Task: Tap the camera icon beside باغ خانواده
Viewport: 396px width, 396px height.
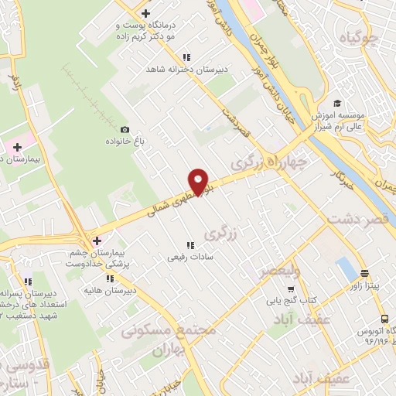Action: tap(125, 130)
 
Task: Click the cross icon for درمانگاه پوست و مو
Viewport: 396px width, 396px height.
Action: tap(145, 13)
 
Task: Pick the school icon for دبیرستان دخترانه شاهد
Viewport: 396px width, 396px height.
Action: tap(186, 56)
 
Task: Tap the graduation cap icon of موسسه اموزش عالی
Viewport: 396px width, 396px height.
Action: tap(336, 104)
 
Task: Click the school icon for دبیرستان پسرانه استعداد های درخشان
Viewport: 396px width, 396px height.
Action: tap(28, 282)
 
